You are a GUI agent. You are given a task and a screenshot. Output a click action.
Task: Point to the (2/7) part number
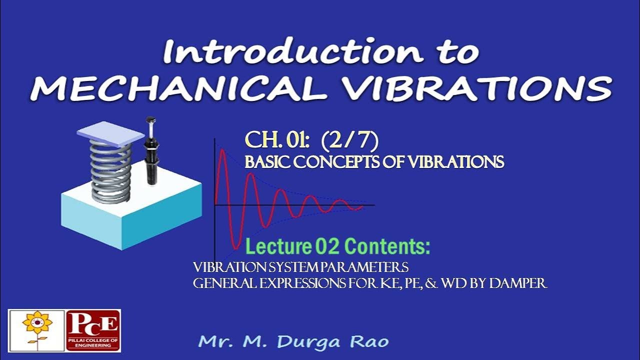[350, 141]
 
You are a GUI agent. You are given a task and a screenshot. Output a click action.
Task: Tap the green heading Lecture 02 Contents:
[337, 247]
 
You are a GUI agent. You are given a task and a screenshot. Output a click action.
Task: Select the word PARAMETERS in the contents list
[365, 266]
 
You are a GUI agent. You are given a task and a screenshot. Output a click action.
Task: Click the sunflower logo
[37, 330]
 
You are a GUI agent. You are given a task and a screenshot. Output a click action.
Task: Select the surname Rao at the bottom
[369, 342]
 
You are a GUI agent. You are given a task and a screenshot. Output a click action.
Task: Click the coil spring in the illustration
[111, 170]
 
